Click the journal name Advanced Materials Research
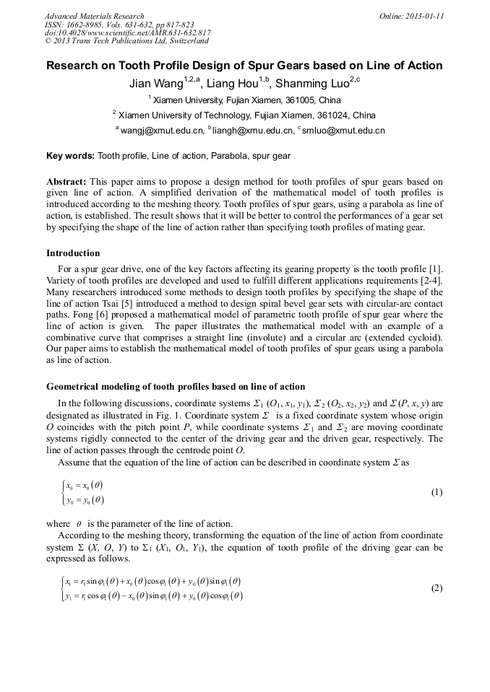tap(94, 16)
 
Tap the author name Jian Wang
tap(156, 84)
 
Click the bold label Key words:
tap(70, 155)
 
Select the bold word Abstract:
tap(66, 182)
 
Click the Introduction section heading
tap(73, 253)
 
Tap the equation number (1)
tap(437, 492)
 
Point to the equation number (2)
tap(437, 587)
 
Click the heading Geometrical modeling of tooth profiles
tap(176, 387)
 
